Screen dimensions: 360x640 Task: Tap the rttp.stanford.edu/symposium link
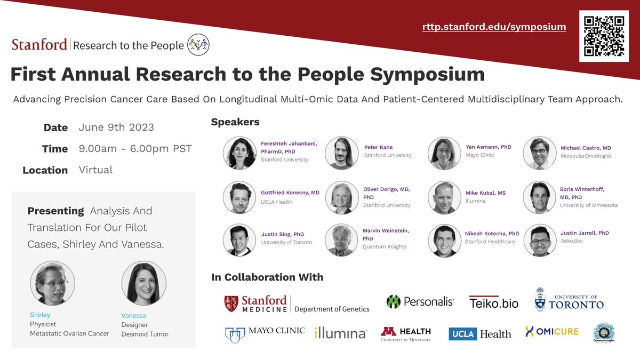tap(494, 27)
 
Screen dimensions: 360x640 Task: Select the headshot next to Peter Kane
tap(341, 153)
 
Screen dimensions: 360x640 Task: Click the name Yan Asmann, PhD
tap(489, 147)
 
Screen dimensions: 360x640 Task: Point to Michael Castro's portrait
tap(540, 153)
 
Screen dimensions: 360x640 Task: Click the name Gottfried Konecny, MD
tap(290, 193)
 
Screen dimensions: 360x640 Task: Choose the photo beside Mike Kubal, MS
tap(444, 197)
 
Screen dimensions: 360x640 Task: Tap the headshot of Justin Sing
tap(239, 240)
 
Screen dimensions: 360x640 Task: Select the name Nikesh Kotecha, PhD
tap(491, 234)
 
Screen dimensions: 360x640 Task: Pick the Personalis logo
tap(420, 302)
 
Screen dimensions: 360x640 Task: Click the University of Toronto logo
tap(569, 301)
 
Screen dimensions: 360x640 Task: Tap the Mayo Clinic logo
tap(265, 332)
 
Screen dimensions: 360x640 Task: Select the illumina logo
tap(341, 333)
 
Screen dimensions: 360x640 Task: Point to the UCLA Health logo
tap(479, 334)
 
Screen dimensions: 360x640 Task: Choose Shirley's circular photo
tap(52, 283)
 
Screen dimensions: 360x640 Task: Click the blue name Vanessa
tap(133, 315)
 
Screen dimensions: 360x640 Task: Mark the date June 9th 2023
tap(116, 127)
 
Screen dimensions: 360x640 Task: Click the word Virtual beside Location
tap(95, 170)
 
